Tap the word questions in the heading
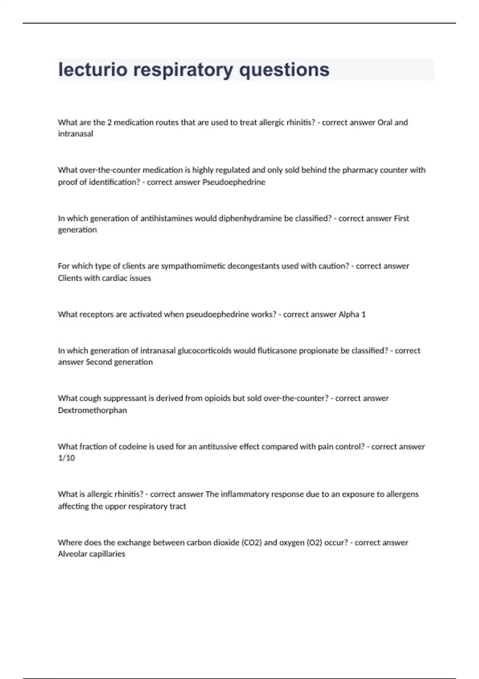[284, 70]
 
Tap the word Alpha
[349, 314]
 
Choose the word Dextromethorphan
[92, 410]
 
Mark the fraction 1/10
[66, 458]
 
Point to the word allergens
[402, 494]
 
